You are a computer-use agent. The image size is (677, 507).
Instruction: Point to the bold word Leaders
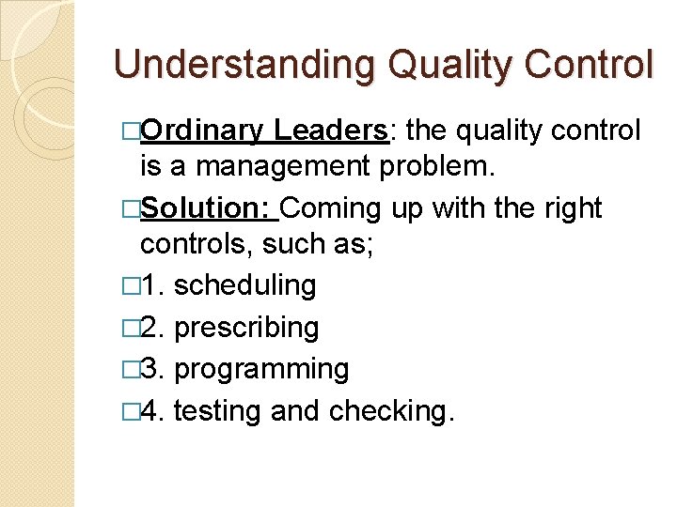pos(332,131)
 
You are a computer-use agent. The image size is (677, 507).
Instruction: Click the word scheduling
pos(245,285)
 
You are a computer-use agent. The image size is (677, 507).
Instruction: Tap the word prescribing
pos(247,328)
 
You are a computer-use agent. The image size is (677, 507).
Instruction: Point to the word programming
pos(262,369)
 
